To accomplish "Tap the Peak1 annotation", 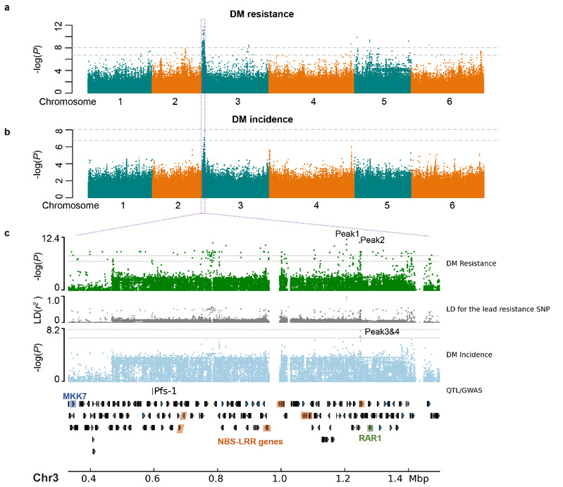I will [346, 233].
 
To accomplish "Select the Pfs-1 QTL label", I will [163, 390].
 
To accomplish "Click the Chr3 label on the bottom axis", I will [47, 478].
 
